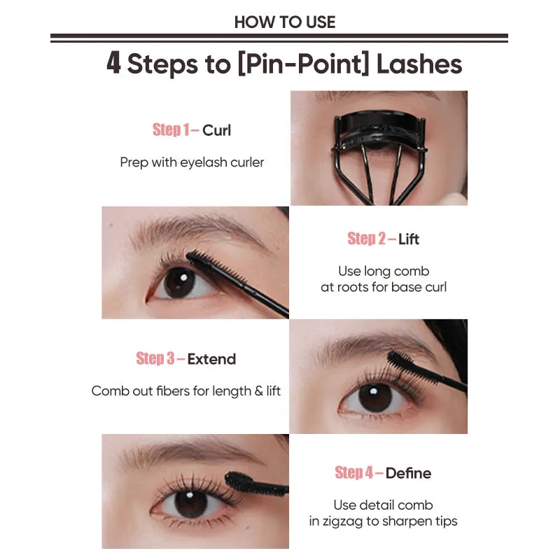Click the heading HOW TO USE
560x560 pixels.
[285, 22]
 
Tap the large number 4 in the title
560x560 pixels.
[113, 64]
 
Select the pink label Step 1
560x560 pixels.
[171, 130]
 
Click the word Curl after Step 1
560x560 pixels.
[216, 130]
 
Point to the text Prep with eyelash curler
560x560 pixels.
[192, 162]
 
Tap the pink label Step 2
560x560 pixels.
[367, 239]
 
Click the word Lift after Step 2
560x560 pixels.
[409, 239]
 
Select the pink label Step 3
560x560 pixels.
[155, 359]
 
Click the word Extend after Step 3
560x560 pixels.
[211, 359]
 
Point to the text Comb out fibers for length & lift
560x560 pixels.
[186, 391]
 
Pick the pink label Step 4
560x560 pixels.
[354, 473]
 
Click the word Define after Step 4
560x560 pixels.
[408, 473]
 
